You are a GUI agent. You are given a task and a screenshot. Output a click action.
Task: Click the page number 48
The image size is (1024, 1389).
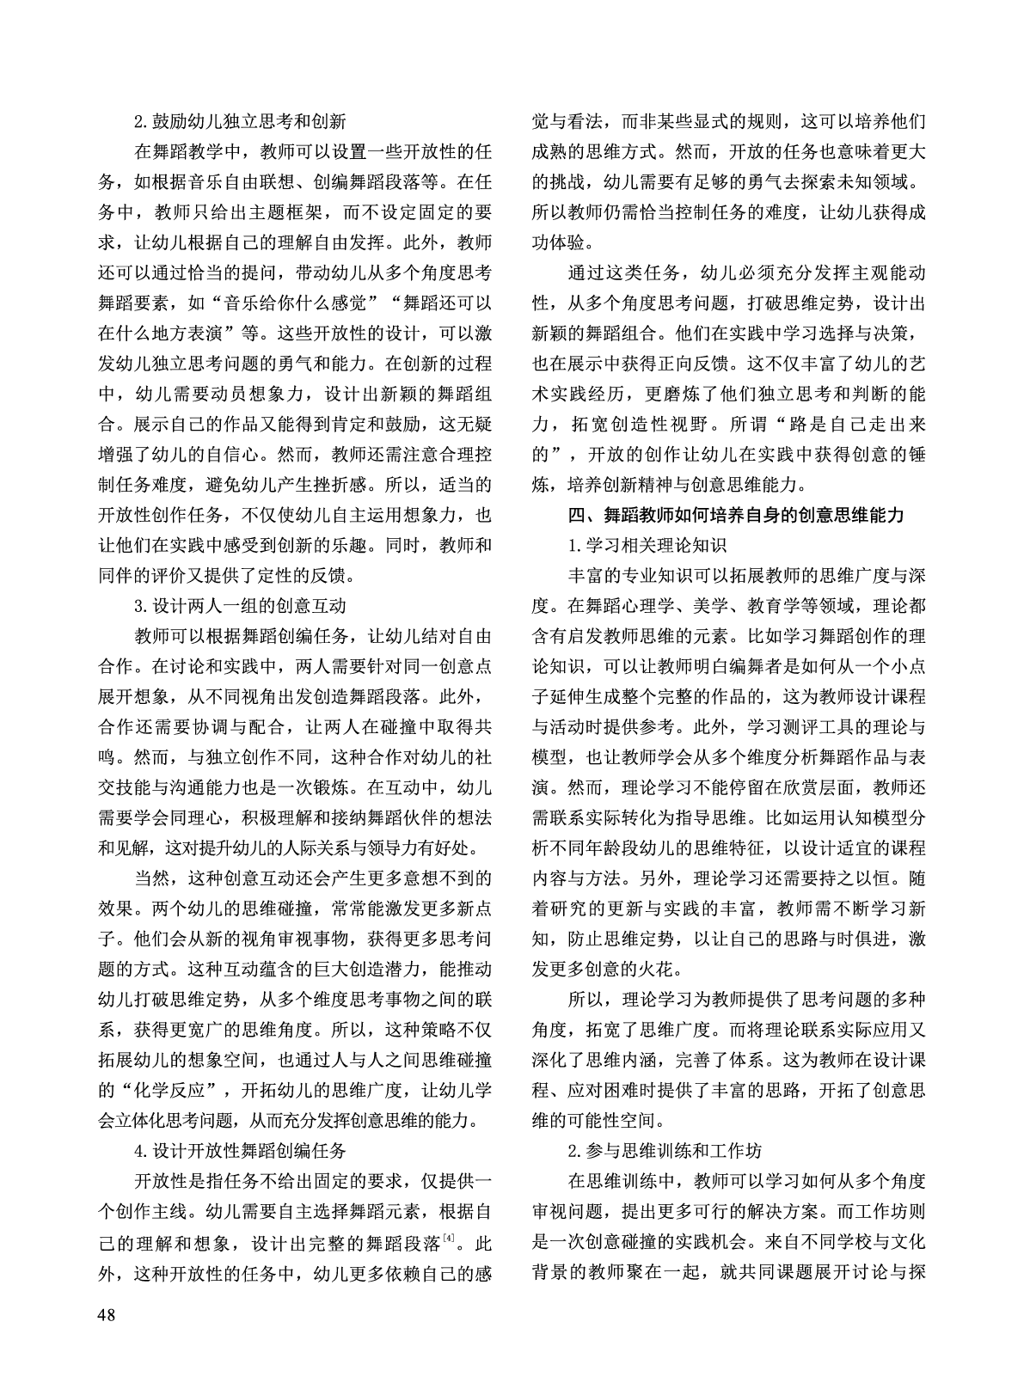108,1314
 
